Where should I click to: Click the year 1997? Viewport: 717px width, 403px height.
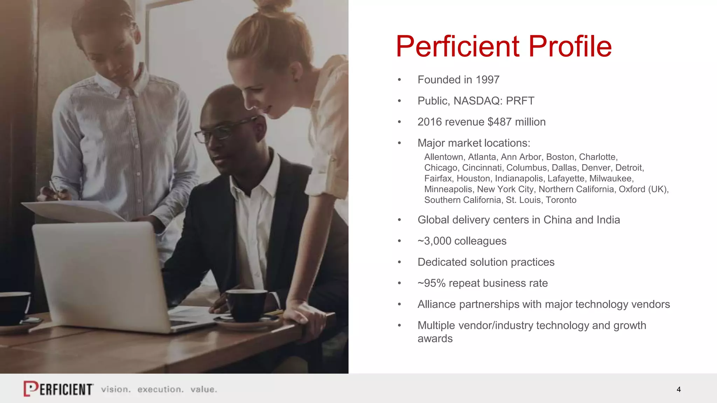click(x=487, y=80)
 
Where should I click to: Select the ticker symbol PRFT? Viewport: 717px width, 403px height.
click(x=520, y=101)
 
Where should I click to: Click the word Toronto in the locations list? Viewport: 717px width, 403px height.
click(x=561, y=200)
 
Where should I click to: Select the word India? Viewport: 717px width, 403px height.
click(x=608, y=220)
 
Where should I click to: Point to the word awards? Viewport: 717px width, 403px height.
click(x=435, y=339)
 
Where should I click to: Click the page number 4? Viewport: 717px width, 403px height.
click(x=679, y=389)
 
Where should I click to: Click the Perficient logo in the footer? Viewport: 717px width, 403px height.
click(x=58, y=389)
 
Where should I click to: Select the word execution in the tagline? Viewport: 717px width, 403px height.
click(x=160, y=389)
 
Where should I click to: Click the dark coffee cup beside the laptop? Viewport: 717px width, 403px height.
click(x=246, y=305)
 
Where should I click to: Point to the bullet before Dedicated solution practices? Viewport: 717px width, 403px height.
click(x=399, y=262)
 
